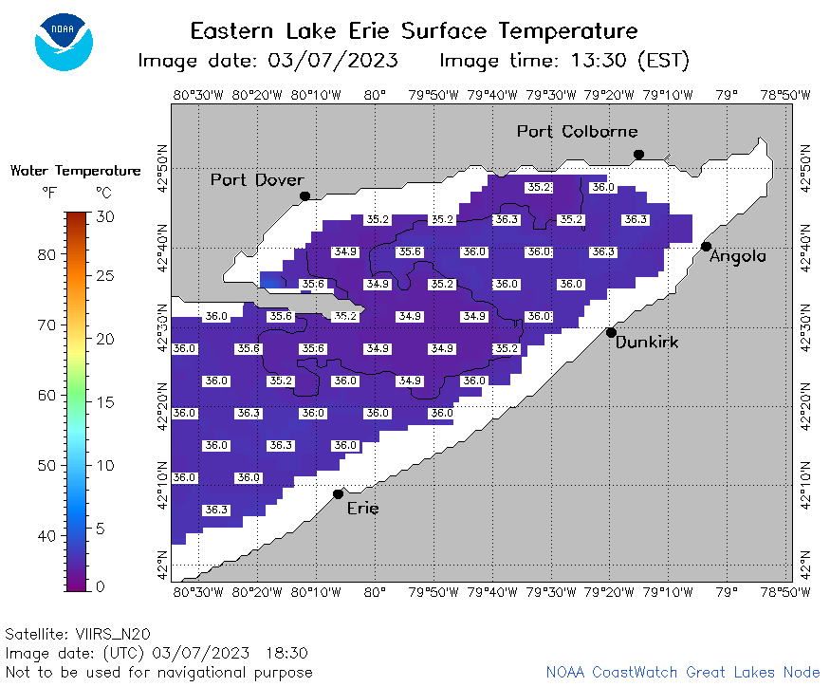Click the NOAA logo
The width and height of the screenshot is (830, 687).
click(65, 42)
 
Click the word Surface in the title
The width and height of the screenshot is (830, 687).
click(444, 30)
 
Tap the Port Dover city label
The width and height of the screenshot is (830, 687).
click(257, 180)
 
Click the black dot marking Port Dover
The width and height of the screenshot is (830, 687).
click(304, 196)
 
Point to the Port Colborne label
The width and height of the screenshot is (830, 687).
click(578, 131)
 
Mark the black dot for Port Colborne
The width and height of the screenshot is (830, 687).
click(639, 155)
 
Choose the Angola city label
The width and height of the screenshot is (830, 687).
click(738, 257)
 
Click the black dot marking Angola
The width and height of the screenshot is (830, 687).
click(706, 247)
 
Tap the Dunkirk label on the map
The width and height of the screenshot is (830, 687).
click(647, 343)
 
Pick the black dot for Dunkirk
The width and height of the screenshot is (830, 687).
click(611, 333)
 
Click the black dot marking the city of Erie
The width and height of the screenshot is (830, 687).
click(339, 494)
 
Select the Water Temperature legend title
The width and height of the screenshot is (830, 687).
click(76, 171)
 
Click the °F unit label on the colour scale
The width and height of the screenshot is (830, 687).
click(49, 193)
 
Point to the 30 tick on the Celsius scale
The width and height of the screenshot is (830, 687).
click(104, 216)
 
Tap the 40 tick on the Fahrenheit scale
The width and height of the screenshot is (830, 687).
click(46, 536)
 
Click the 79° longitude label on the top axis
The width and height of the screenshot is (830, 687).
click(727, 95)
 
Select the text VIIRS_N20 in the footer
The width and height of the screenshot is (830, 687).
click(113, 634)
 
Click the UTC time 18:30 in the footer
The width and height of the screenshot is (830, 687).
click(286, 653)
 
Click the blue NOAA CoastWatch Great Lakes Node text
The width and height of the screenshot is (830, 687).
click(683, 672)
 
